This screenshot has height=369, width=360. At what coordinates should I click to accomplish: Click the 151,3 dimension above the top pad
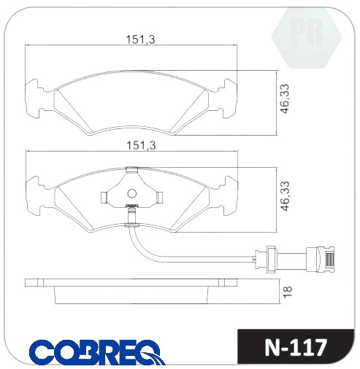pyautogui.click(x=140, y=39)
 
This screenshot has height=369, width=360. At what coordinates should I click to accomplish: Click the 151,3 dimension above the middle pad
pyautogui.click(x=141, y=146)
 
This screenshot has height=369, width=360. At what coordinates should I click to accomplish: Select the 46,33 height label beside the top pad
pyautogui.click(x=285, y=98)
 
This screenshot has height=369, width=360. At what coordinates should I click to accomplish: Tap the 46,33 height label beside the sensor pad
pyautogui.click(x=285, y=196)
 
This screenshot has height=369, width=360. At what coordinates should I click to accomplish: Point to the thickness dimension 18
pyautogui.click(x=288, y=291)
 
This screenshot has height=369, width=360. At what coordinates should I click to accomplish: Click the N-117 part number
pyautogui.click(x=295, y=347)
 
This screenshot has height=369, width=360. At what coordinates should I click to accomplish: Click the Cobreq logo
pyautogui.click(x=97, y=351)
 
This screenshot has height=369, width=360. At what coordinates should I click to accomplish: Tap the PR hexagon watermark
pyautogui.click(x=307, y=36)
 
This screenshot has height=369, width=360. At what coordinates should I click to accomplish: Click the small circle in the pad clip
pyautogui.click(x=132, y=193)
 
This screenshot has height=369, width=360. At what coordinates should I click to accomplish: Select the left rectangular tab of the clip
pyautogui.click(x=104, y=197)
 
